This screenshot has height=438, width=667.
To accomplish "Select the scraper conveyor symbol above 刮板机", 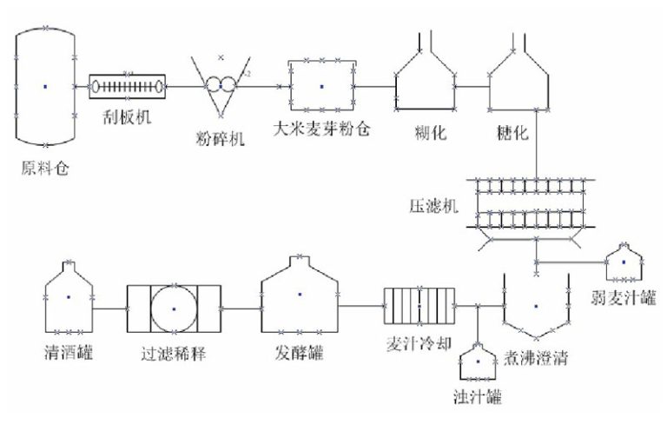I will coord(129,87).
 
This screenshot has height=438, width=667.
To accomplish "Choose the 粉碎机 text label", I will coord(220,139).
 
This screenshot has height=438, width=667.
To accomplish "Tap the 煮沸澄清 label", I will coord(536,356).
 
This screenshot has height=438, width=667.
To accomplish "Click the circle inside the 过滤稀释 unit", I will coord(174,308).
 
